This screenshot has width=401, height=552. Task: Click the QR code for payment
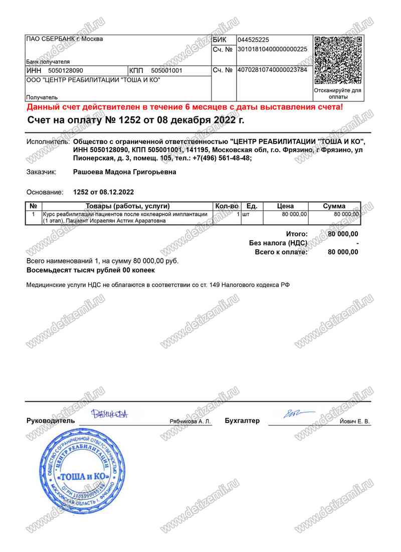(337, 60)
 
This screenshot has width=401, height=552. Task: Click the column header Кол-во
(227, 206)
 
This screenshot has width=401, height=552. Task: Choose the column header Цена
(285, 206)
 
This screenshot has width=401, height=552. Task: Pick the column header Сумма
(334, 206)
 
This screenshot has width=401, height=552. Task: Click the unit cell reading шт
(246, 214)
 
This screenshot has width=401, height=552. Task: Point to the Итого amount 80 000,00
(343, 234)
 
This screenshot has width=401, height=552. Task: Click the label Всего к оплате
(281, 252)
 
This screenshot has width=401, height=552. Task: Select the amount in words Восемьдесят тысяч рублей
(90, 270)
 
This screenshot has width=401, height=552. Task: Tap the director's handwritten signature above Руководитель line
(110, 414)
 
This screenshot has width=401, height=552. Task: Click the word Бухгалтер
(243, 421)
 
